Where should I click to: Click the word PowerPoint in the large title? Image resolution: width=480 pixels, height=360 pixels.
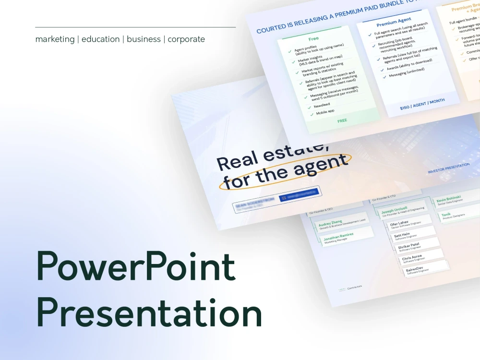pos(136,267)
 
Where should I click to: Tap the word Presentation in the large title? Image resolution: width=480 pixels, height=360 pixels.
pos(149,312)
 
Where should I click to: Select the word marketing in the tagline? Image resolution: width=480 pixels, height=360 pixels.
pos(55,39)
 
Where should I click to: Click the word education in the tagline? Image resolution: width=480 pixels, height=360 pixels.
pos(100,39)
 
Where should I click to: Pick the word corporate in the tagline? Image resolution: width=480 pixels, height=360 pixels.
pos(186,39)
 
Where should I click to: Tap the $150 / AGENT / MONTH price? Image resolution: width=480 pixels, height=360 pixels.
pos(422,104)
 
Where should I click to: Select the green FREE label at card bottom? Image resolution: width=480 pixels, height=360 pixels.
pos(342,121)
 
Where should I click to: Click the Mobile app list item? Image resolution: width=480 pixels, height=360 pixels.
pos(325,112)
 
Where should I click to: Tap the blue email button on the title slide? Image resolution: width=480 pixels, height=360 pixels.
pos(300,194)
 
